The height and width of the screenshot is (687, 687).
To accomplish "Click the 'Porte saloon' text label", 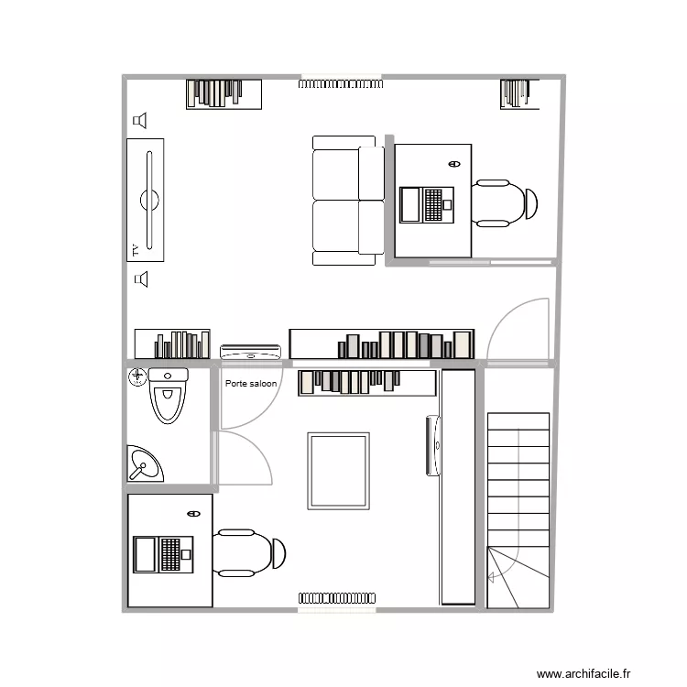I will [251, 384].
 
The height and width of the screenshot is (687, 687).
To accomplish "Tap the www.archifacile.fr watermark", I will [583, 673].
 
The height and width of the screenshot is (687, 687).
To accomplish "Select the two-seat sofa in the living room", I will [348, 200].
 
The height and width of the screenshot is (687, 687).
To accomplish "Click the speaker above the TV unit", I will [140, 120].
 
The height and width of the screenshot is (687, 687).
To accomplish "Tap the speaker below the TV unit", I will [140, 278].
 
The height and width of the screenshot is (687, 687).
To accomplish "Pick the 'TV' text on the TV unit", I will [134, 248].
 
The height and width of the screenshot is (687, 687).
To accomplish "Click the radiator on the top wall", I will [339, 83].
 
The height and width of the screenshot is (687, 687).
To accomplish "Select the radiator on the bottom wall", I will [336, 597].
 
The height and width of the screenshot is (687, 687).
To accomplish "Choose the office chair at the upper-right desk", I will [505, 203].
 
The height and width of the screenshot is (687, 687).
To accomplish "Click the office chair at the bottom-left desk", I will [250, 552].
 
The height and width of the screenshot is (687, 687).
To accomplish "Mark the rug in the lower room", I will [339, 471].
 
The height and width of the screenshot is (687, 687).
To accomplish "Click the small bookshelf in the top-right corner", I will [516, 93].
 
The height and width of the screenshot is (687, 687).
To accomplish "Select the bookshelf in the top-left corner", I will [224, 93].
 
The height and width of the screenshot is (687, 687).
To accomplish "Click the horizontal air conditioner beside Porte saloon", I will [250, 351].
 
